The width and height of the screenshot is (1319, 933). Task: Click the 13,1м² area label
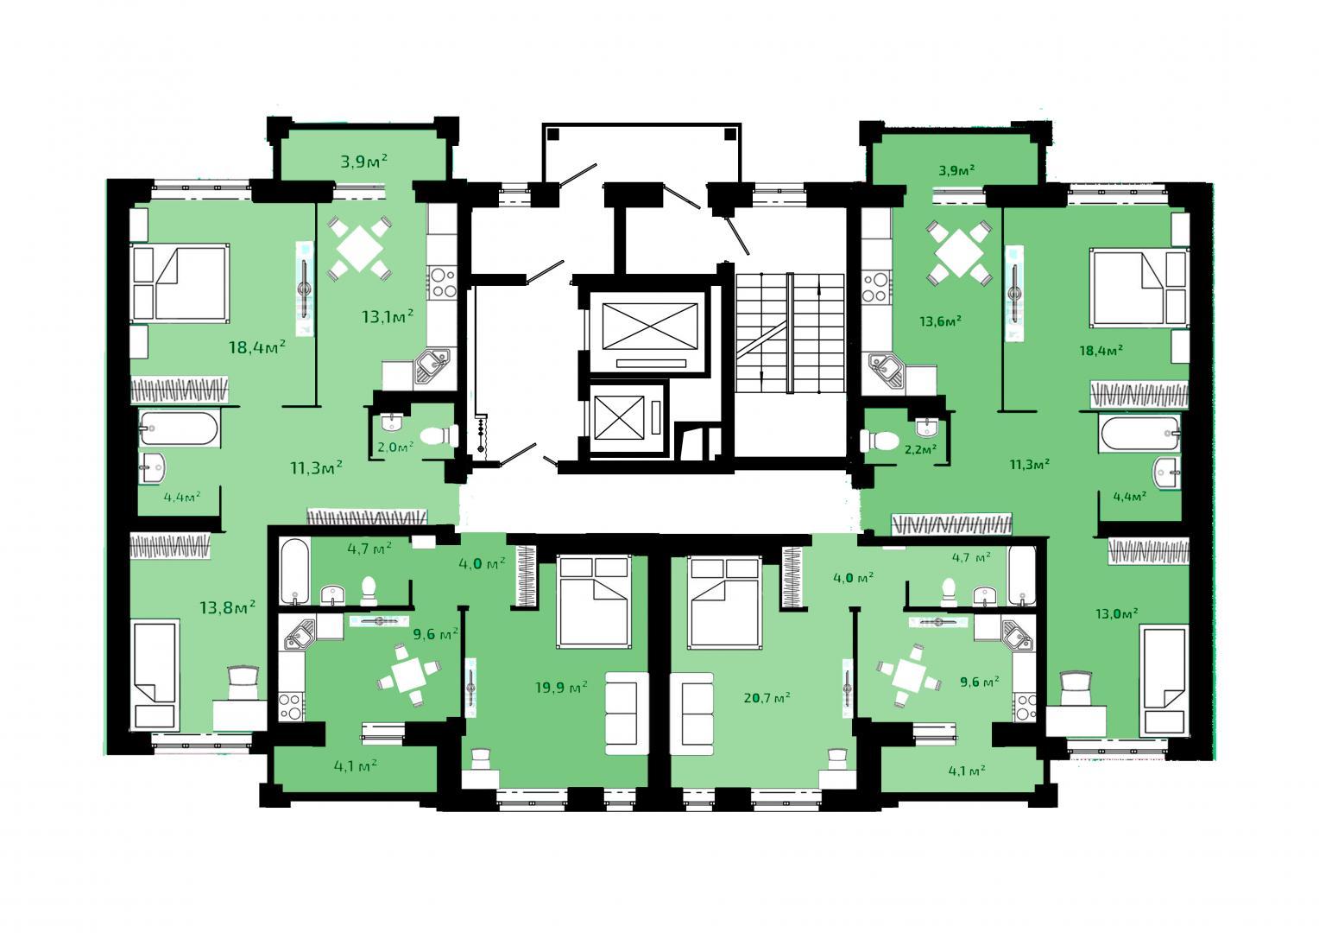(x=388, y=316)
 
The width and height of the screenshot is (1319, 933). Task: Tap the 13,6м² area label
(x=941, y=321)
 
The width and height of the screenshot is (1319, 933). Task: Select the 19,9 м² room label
(x=561, y=688)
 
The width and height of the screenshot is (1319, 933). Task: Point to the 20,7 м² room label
(x=767, y=698)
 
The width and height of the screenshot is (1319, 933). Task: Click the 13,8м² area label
(x=227, y=606)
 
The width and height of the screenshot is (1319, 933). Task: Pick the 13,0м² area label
(x=1116, y=613)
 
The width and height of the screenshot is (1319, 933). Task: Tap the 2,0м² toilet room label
(x=395, y=447)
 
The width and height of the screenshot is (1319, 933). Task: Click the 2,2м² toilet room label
(x=920, y=450)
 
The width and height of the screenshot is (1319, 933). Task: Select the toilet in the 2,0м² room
(x=439, y=436)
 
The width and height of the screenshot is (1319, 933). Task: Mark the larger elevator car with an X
(x=649, y=327)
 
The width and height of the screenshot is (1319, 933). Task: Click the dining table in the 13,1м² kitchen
(x=358, y=248)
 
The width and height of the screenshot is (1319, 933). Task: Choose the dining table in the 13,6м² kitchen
(x=959, y=253)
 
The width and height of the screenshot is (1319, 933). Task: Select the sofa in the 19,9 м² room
(x=627, y=714)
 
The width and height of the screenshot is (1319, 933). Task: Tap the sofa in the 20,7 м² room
(x=692, y=714)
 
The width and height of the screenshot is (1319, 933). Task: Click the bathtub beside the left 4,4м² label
(x=180, y=428)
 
